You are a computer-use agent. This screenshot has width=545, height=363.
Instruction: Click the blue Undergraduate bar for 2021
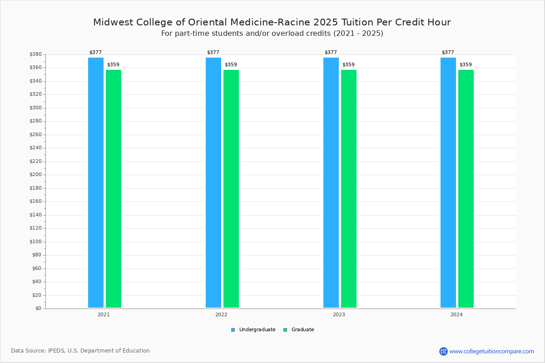tap(96, 182)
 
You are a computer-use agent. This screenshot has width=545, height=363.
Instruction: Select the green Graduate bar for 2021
tap(114, 189)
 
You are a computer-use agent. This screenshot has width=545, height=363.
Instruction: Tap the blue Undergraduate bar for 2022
tap(213, 182)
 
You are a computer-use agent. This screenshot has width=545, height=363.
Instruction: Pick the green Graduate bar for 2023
tap(349, 189)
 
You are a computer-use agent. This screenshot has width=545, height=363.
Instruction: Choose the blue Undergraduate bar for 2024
tap(448, 182)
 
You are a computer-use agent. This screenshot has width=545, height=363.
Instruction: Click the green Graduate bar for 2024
tap(466, 189)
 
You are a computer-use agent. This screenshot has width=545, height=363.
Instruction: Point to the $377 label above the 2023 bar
tap(331, 52)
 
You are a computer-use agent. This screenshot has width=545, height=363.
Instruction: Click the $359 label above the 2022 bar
tap(231, 65)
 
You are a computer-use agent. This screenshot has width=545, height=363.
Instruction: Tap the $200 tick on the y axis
tap(36, 175)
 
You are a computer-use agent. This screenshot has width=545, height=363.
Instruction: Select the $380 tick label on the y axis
tap(36, 54)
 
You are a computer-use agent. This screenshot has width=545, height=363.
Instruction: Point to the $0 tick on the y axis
tap(39, 309)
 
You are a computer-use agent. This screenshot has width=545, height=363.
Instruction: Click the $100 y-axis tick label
tap(36, 242)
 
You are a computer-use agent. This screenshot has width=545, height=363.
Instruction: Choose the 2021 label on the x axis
tap(104, 314)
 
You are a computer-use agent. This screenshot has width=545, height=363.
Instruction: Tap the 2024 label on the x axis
tap(456, 314)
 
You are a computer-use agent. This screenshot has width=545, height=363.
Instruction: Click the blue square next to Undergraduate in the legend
tap(233, 330)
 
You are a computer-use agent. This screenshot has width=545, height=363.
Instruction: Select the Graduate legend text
tap(302, 330)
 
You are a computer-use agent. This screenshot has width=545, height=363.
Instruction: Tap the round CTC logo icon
tap(443, 351)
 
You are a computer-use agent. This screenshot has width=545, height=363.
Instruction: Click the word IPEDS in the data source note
tap(56, 351)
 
